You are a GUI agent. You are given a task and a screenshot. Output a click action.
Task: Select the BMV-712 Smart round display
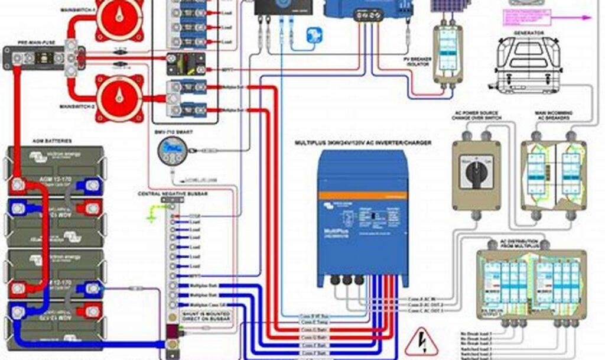(x=171, y=148)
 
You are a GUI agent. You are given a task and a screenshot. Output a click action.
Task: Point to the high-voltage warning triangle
(x=421, y=342)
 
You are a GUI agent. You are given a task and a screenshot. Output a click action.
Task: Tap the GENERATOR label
(x=528, y=33)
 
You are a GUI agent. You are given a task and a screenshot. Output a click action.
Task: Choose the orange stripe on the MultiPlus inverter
(x=363, y=194)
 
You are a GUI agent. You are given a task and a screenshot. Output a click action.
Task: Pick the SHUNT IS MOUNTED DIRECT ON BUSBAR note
(x=199, y=315)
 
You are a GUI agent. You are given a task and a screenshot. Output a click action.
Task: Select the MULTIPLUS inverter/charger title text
(x=363, y=142)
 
